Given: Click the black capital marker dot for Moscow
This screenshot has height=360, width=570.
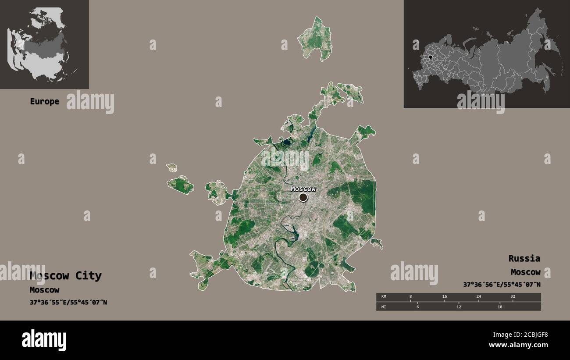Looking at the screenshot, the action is tap(303, 197).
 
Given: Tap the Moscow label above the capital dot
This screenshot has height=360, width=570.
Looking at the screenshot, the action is tap(303, 189).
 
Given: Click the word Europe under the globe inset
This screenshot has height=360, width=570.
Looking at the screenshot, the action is tap(44, 101).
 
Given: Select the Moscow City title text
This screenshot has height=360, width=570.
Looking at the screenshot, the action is tap(66, 276).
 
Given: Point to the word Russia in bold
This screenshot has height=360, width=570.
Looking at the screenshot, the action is tap(524, 258).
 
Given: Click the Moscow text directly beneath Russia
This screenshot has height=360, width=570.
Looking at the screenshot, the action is tap(525, 272).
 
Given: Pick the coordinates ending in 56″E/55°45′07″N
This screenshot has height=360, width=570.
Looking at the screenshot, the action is tap(502, 285).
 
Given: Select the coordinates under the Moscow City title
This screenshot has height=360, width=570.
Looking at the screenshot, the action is tap(68, 302).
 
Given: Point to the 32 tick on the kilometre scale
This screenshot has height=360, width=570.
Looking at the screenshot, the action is tap(513, 297).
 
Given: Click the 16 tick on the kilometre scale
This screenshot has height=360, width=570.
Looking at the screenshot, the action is tap(444, 297).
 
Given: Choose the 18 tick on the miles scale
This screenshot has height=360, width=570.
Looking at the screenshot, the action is tap(499, 307).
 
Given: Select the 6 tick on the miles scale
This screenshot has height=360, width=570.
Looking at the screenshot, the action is tap(417, 307).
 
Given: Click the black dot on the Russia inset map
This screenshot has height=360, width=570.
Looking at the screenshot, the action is tap(431, 57).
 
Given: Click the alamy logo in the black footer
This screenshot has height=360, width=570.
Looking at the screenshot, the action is tap(44, 340).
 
